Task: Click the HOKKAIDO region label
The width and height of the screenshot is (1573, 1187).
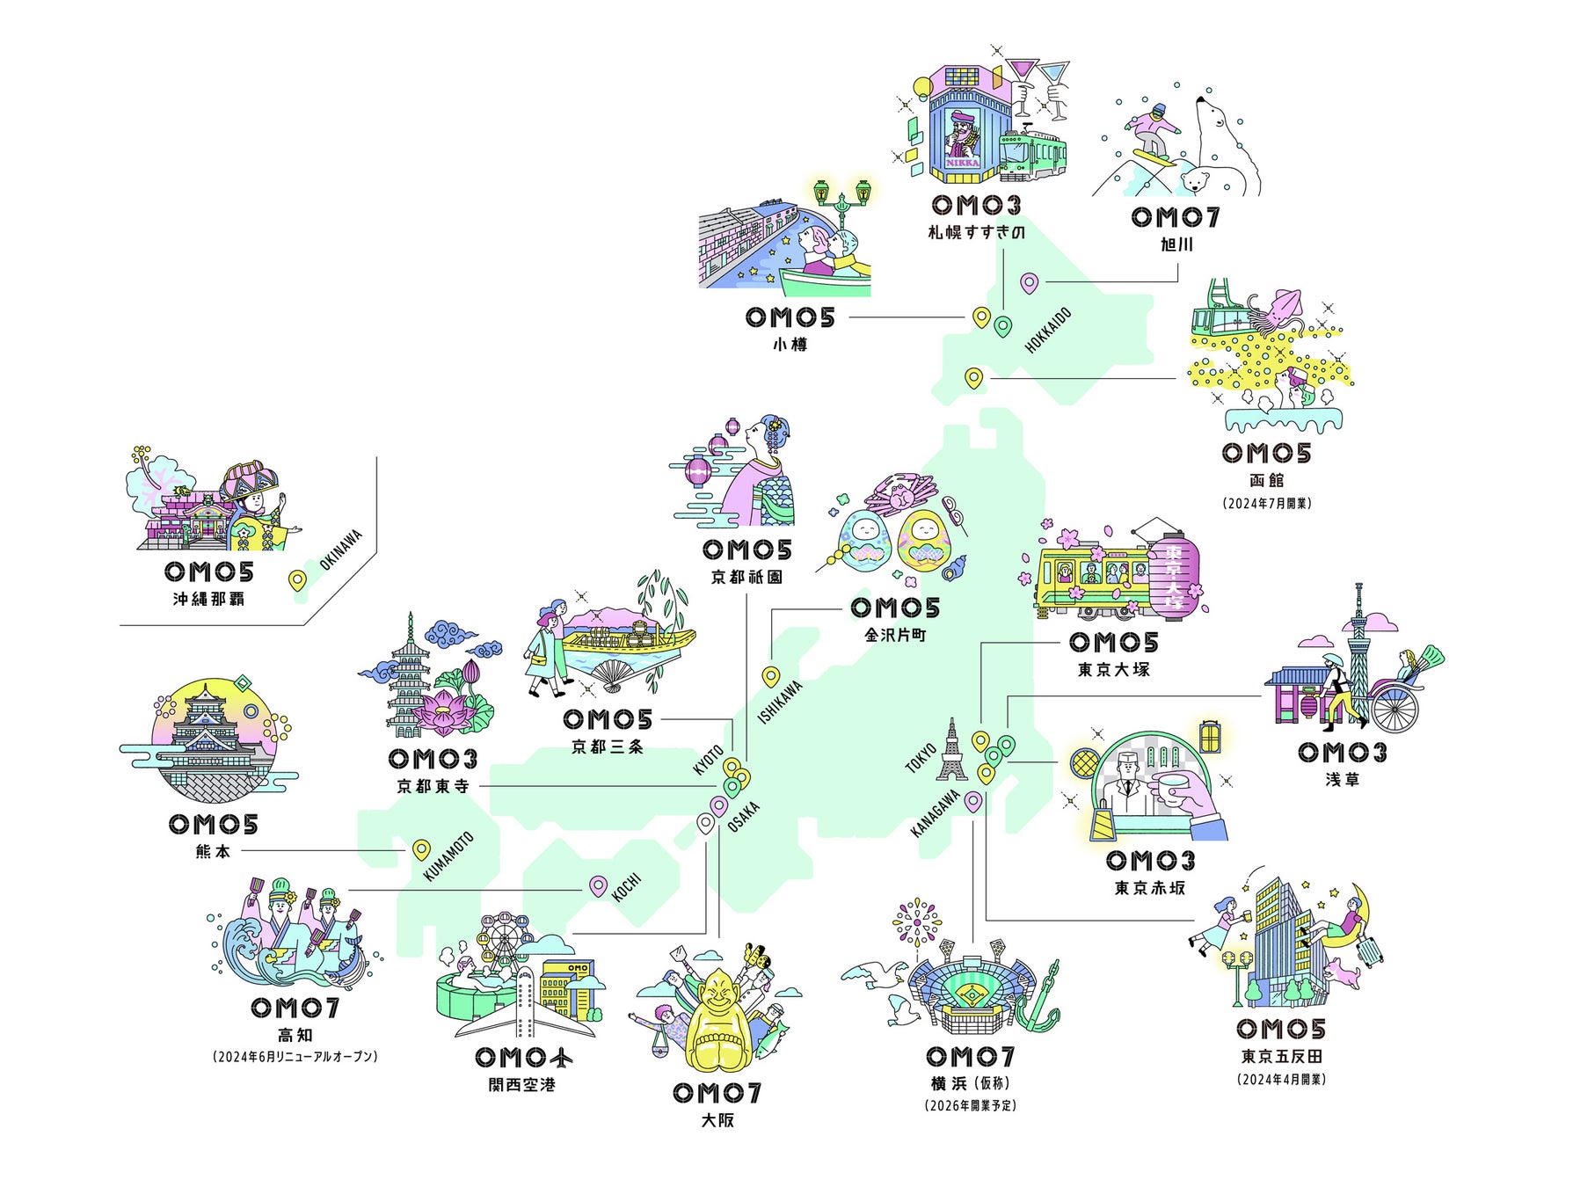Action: coord(1048,331)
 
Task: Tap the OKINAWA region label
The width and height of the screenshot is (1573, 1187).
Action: coord(341,550)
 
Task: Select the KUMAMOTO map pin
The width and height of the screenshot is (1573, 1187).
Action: coord(422,849)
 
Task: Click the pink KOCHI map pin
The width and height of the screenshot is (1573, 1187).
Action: coord(598,885)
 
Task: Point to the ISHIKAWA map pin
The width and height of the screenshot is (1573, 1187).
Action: coord(770,675)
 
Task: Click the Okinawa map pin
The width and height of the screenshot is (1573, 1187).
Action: coord(298,580)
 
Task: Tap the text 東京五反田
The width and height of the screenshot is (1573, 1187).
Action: coord(1281,1057)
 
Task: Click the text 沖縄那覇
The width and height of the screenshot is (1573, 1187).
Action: coord(208,599)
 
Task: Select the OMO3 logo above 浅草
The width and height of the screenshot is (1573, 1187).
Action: coord(1342,753)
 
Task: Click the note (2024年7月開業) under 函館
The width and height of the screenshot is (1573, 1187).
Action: coord(1266,504)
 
